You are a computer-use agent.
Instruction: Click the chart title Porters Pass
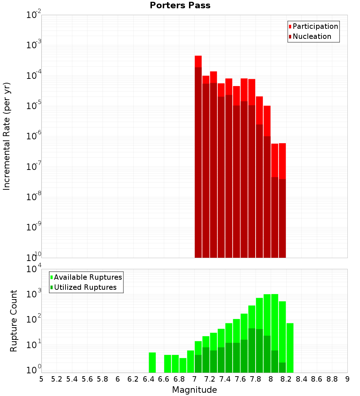(180, 5)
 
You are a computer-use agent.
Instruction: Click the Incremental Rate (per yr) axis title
(7, 136)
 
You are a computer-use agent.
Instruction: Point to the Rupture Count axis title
(14, 321)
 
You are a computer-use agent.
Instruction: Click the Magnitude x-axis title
(194, 390)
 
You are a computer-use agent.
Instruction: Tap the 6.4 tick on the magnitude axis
(148, 379)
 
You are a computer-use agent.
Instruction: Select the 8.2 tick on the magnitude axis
(286, 379)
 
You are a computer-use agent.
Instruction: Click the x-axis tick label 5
(41, 379)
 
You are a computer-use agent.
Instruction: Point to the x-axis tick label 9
(347, 379)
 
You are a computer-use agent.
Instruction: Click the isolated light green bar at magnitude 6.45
(152, 363)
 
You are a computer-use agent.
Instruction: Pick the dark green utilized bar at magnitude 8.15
(282, 368)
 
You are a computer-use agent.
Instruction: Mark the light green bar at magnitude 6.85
(183, 365)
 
